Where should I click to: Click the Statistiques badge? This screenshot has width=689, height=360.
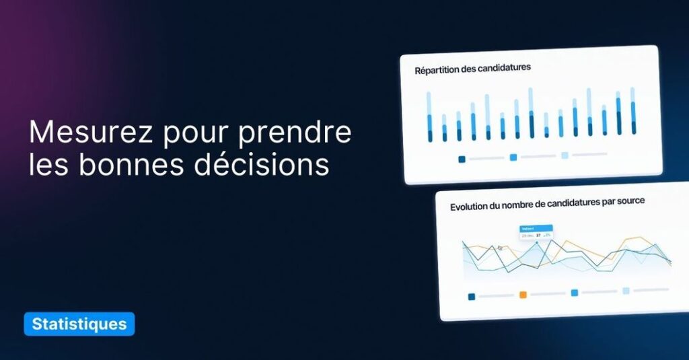[x=79, y=324]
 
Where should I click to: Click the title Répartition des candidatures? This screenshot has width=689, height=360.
[x=472, y=68]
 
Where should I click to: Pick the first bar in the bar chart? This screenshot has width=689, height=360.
[x=429, y=117]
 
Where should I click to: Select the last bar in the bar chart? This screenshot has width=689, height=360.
[x=633, y=111]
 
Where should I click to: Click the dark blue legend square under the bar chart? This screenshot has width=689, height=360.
[x=462, y=159]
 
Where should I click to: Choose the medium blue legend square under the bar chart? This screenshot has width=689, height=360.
[x=513, y=157]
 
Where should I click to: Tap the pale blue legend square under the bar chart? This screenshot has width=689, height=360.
[x=565, y=155]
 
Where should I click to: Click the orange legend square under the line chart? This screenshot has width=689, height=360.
[x=523, y=295]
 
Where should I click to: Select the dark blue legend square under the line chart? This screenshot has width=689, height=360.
[x=471, y=296]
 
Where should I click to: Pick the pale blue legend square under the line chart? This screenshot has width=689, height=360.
[x=626, y=291]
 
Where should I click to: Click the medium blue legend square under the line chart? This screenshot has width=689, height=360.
[x=574, y=293]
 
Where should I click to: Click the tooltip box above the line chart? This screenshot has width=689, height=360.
[x=536, y=232]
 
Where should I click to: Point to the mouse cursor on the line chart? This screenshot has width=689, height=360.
[x=500, y=248]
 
